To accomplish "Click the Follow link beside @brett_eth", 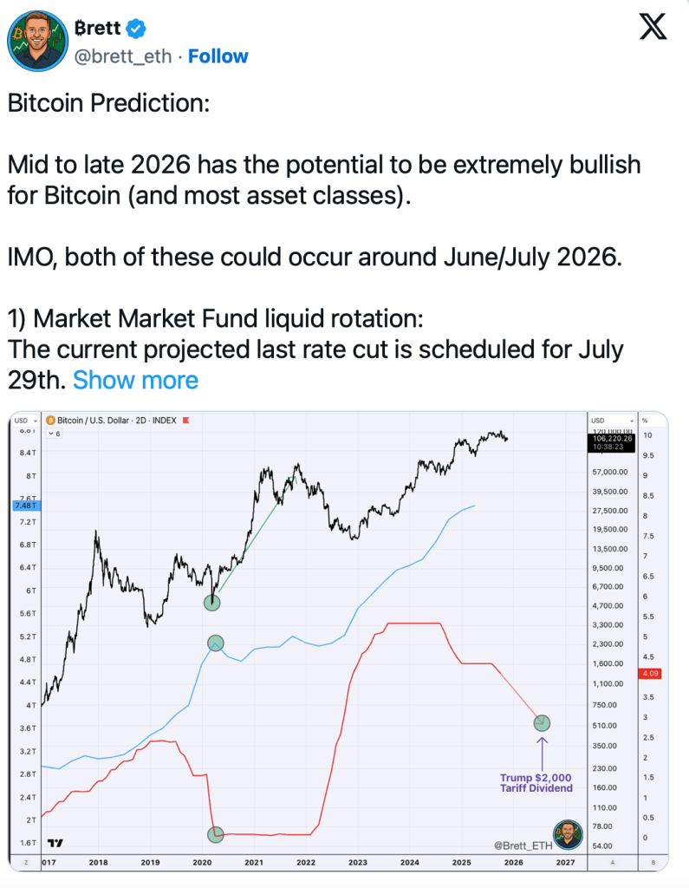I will [x=218, y=56].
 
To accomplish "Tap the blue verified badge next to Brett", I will [x=136, y=28].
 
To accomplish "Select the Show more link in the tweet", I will [x=135, y=380].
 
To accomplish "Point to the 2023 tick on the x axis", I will [x=358, y=863].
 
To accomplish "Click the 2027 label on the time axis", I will [x=565, y=863].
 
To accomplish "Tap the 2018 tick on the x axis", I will [x=98, y=863].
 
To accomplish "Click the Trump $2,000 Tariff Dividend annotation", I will [x=536, y=783].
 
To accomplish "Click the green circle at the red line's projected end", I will [x=543, y=722].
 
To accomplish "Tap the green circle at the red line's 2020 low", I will [x=216, y=834].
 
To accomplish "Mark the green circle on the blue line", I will [x=216, y=643].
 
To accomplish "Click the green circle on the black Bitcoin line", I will [x=212, y=602].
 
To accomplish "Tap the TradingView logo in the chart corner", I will [x=55, y=842].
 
